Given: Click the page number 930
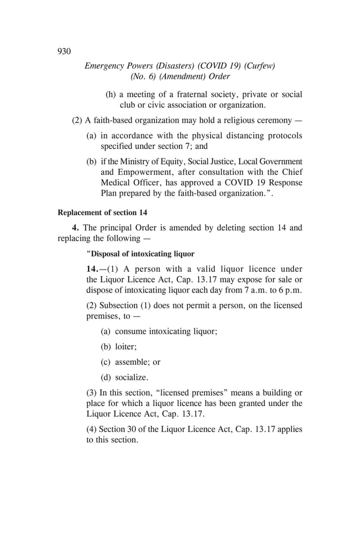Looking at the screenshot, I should click(x=64, y=51).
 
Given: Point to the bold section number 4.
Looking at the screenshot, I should click(x=75, y=228).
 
